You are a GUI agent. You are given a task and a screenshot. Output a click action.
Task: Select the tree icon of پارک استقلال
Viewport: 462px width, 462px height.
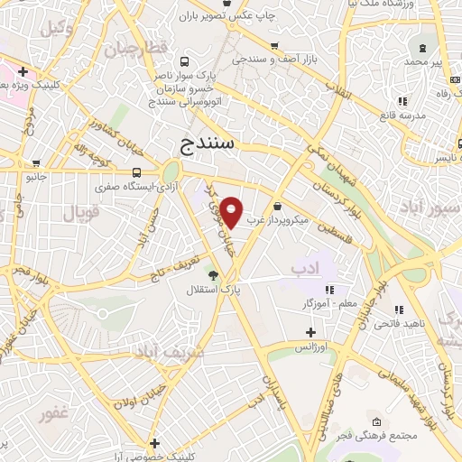213,274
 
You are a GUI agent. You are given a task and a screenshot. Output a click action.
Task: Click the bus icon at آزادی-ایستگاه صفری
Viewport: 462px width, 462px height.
137,172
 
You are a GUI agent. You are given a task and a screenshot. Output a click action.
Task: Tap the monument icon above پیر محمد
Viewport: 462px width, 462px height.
420,47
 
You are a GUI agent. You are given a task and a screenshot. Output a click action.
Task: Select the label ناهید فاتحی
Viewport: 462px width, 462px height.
397,323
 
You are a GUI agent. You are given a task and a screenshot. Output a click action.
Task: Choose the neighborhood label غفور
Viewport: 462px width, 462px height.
54,414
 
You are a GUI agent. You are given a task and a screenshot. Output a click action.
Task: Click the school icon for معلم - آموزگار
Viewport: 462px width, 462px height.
329,290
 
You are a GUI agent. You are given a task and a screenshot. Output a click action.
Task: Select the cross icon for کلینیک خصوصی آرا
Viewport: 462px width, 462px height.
156,443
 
